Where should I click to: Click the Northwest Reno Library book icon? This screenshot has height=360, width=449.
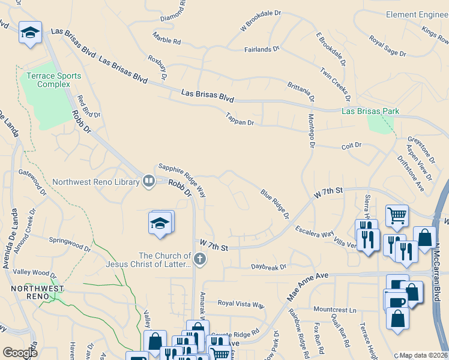pos(148,181)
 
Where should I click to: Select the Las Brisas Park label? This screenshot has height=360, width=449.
pos(370,111)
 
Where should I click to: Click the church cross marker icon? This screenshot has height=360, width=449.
pos(200,260)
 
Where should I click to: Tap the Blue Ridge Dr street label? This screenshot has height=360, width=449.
pos(275,204)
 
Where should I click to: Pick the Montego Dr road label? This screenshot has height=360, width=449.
pos(312,131)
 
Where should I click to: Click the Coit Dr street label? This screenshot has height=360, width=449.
pos(351,145)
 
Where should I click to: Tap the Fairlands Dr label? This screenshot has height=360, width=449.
pos(262,49)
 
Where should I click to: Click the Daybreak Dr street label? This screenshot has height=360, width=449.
pos(269,266)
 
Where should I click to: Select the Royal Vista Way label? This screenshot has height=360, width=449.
pos(241,304)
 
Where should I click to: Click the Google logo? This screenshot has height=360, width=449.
pos(20,352)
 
